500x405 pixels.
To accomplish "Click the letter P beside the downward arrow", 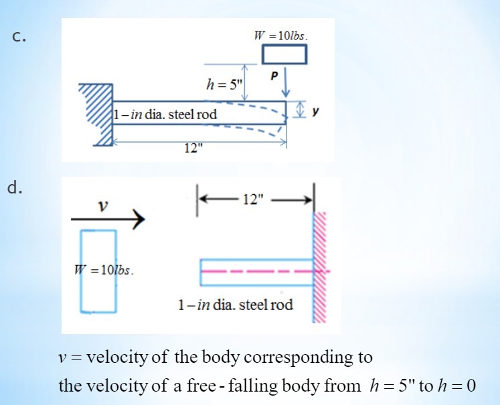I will [x=272, y=76].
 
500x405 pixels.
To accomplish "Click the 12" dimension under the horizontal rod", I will [x=193, y=149].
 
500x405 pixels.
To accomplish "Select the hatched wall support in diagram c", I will [x=99, y=114].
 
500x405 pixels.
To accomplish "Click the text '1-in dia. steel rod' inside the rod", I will [x=165, y=114].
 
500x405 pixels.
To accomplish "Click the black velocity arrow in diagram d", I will [x=108, y=220].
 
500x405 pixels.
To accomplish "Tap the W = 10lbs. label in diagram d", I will [x=103, y=271].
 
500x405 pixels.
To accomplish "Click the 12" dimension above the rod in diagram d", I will [x=254, y=199].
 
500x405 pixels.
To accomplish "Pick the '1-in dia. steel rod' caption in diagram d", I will [x=235, y=305].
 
